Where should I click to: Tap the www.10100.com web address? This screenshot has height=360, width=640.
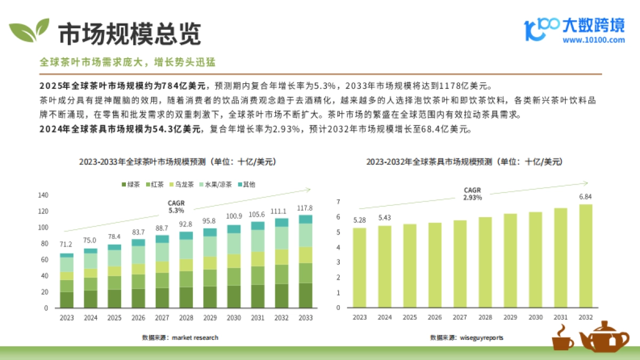594,40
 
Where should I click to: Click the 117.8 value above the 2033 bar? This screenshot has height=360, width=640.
305,208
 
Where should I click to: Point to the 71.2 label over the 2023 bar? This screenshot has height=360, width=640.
67,244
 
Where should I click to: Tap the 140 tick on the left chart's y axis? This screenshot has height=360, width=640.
43,195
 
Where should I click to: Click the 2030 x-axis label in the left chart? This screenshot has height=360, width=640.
234,318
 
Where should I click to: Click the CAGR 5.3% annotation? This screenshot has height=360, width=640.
176,207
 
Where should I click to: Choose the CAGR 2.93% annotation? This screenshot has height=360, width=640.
472,194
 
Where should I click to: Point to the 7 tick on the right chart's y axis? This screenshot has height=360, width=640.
338,202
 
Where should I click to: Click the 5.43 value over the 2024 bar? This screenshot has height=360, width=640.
385,218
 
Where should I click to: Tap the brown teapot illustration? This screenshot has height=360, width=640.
604,337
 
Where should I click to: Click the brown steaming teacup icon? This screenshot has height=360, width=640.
562,338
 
